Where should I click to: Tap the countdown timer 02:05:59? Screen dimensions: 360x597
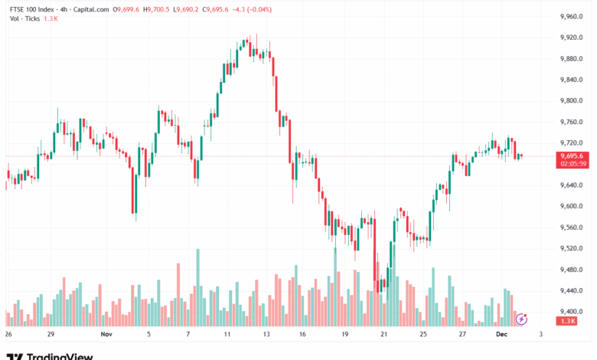[x=573, y=164]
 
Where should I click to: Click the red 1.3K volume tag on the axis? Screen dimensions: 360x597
[x=568, y=321]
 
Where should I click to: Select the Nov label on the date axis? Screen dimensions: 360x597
[x=106, y=335]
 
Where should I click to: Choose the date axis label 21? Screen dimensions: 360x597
[x=383, y=335]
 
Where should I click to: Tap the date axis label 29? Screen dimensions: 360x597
[x=51, y=335]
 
